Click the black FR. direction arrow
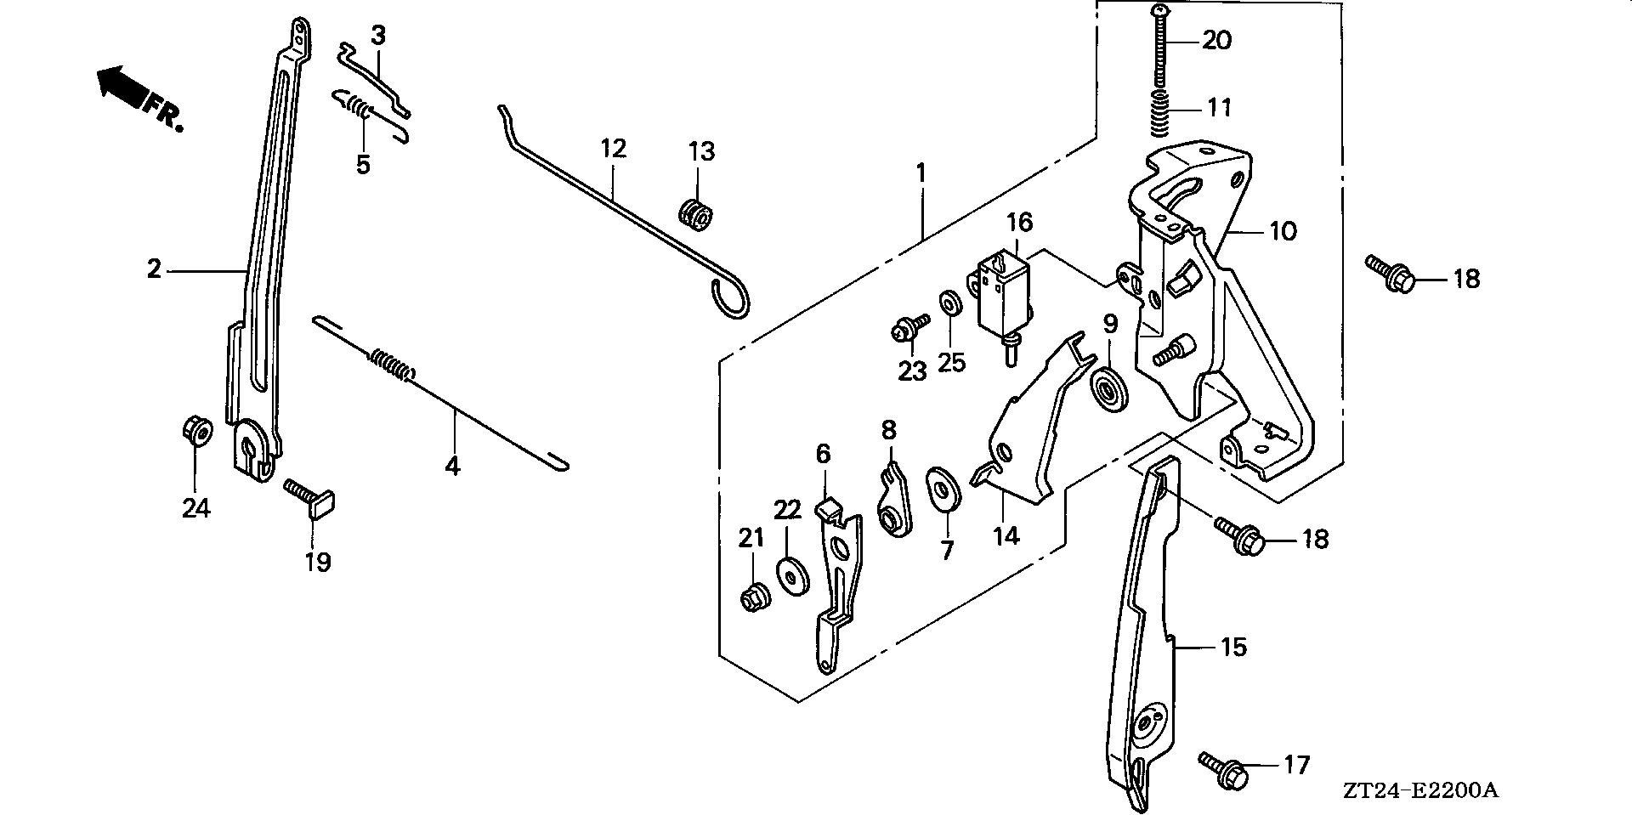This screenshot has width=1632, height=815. [122, 85]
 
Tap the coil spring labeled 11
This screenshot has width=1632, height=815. [1161, 113]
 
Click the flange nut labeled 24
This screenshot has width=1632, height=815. [196, 430]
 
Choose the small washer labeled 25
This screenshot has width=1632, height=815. [948, 303]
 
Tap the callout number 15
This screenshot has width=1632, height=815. [1233, 648]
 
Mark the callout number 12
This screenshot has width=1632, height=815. [613, 149]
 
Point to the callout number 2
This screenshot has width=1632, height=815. [153, 270]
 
